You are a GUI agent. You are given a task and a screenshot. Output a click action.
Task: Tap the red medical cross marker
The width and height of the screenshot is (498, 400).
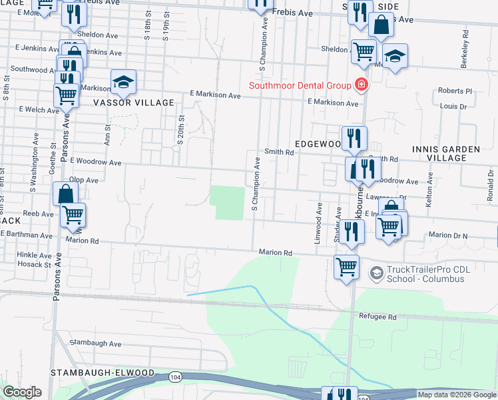tap(362, 85)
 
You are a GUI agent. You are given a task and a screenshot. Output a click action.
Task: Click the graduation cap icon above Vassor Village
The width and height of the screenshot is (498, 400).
tap(123, 81)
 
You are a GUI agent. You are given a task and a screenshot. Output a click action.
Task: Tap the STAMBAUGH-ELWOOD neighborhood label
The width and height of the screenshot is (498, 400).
tap(103, 372)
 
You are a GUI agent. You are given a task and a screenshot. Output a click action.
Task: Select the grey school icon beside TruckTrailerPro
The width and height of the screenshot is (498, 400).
tap(376, 273)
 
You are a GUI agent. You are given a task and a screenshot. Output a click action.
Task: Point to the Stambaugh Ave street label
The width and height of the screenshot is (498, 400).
tap(96, 344)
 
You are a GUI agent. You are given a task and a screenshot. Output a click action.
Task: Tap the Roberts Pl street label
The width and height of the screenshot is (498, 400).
tap(455, 91)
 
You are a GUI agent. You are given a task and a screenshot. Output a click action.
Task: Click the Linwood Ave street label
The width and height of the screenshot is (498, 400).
tap(319, 223)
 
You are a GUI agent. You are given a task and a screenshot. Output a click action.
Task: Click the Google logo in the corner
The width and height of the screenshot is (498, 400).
tap(23, 392)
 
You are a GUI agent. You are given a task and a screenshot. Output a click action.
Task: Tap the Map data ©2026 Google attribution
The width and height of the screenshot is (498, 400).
tap(457, 395)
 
